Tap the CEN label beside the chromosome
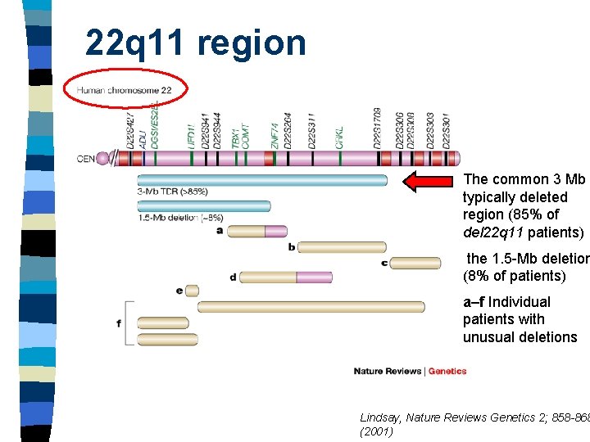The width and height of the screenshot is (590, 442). (x=86, y=159)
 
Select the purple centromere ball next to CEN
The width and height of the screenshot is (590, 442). (x=102, y=159)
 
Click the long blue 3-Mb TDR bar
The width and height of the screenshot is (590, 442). (x=262, y=180)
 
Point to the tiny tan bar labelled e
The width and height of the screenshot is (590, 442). (x=193, y=290)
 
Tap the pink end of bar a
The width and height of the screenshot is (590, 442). (x=276, y=232)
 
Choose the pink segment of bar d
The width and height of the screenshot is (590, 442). (x=315, y=277)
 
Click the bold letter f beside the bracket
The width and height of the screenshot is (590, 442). (x=119, y=323)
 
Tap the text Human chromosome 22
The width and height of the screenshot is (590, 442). (x=125, y=90)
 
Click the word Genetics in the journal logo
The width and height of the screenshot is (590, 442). (x=447, y=372)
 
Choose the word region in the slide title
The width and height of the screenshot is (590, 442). (x=252, y=43)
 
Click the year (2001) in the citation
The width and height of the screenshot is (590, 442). (x=376, y=431)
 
